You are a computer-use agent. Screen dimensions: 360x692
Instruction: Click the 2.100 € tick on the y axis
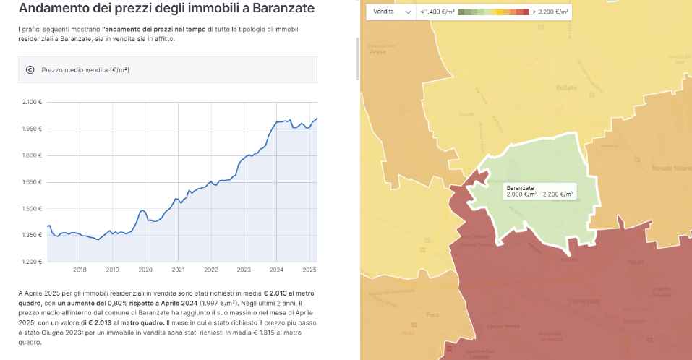point(32,102)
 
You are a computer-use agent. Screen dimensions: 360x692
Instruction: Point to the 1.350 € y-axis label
point(32,235)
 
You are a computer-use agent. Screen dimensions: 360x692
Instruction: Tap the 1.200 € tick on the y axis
point(32,262)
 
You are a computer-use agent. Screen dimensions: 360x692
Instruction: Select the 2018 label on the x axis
point(80,270)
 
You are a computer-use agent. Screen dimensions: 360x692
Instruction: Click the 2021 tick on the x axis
point(178,270)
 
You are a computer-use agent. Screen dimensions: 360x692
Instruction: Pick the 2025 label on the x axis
point(309,270)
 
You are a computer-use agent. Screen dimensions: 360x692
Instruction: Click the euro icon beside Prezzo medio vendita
point(30,70)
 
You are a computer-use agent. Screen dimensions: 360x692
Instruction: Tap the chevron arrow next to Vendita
point(407,12)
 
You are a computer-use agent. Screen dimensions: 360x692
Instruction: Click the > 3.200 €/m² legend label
point(550,12)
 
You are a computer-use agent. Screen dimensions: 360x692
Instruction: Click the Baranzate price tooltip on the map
point(539,191)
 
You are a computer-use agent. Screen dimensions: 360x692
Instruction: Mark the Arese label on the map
point(377,52)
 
